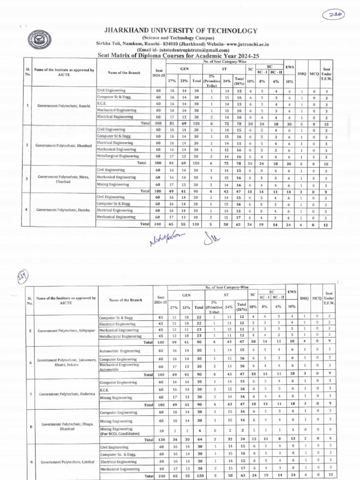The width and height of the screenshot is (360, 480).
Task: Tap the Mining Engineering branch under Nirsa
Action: (113, 185)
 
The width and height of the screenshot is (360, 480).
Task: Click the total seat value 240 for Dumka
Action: (158, 225)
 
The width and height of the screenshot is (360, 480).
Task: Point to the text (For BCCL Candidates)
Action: (120, 434)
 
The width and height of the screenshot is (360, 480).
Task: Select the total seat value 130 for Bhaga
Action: (161, 440)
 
